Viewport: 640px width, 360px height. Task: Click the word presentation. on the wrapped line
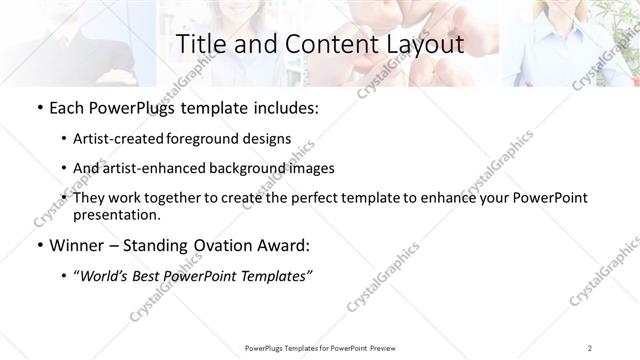pyautogui.click(x=117, y=214)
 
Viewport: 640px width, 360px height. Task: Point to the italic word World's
pyautogui.click(x=106, y=276)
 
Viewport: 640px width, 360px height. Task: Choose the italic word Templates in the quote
pyautogui.click(x=275, y=276)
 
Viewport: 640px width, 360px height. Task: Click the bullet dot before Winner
pyautogui.click(x=39, y=245)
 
